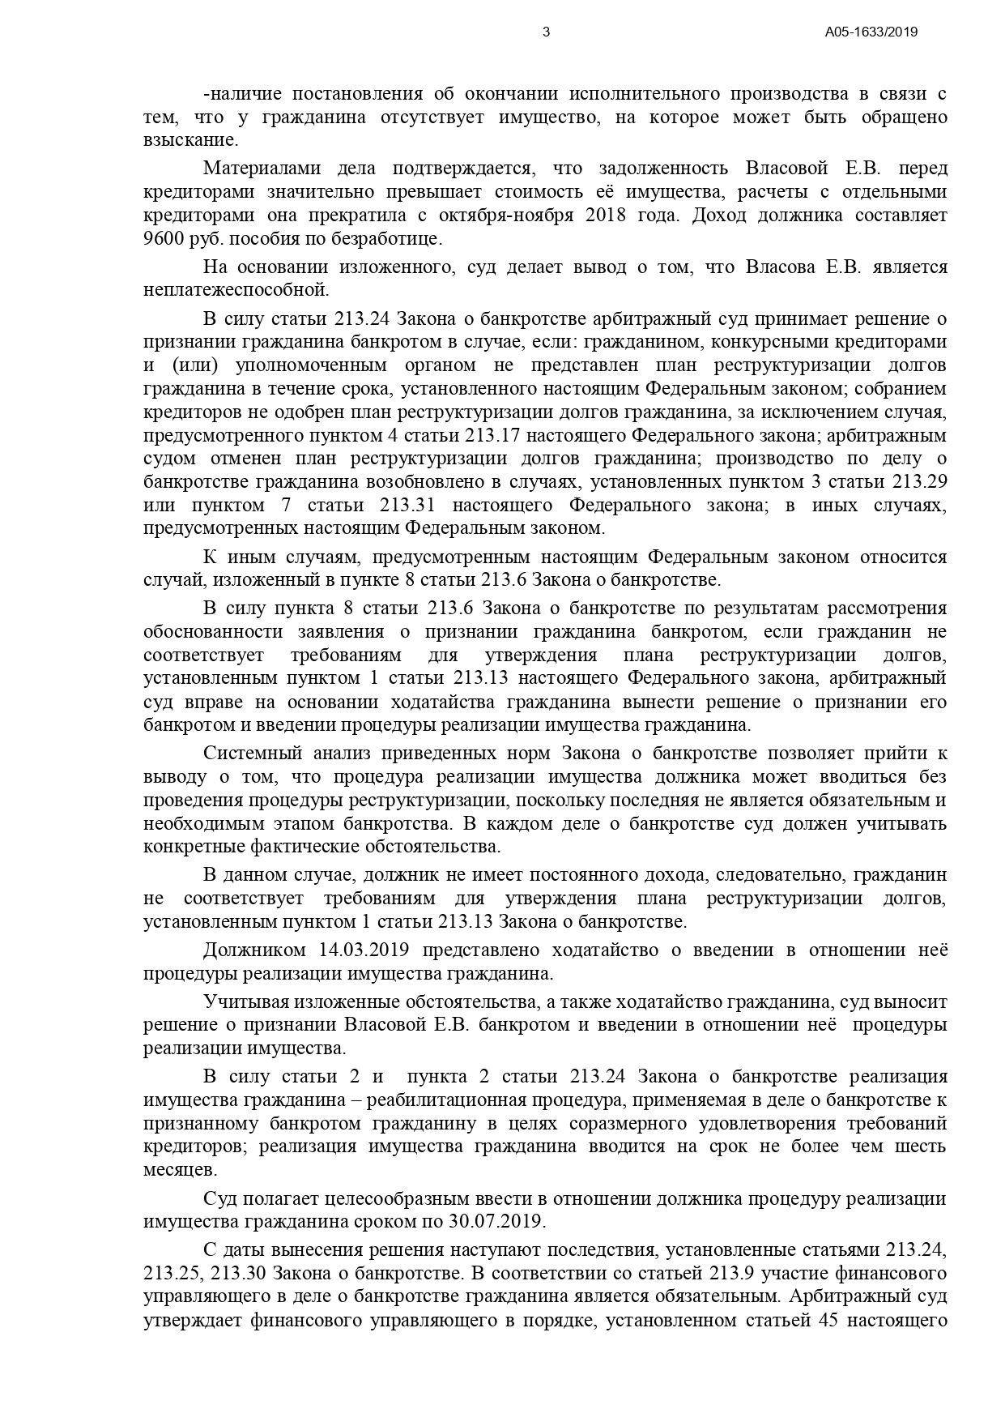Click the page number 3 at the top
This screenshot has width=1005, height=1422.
pyautogui.click(x=546, y=32)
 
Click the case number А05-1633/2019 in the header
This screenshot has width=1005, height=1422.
pyautogui.click(x=871, y=32)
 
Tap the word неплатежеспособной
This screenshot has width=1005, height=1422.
pyautogui.click(x=236, y=290)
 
